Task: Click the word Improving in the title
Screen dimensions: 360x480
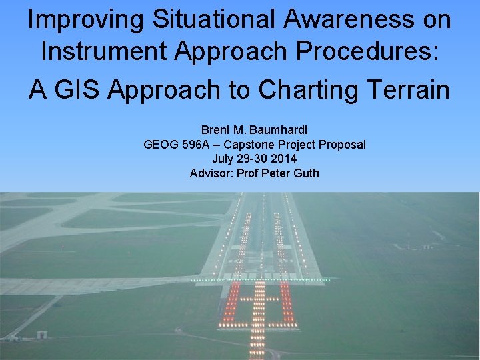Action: (x=85, y=19)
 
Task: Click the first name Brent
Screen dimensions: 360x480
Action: (x=215, y=129)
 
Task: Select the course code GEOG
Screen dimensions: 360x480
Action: (x=160, y=144)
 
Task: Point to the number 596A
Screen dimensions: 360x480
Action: (x=197, y=144)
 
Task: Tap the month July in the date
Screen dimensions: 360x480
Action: (x=224, y=159)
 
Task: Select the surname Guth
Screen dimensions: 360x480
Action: (x=306, y=173)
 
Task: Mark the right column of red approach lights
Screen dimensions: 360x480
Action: (x=287, y=304)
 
